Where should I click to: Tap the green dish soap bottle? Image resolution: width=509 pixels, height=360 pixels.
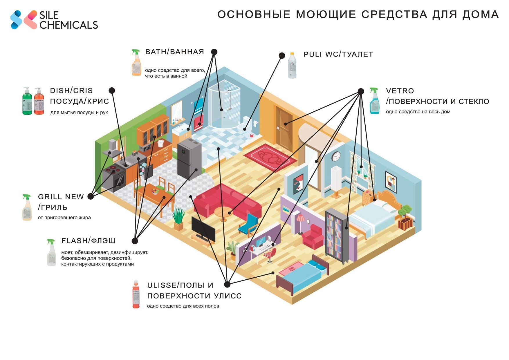(x=27, y=101)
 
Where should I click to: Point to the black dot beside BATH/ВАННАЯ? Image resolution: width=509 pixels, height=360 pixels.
(x=214, y=52)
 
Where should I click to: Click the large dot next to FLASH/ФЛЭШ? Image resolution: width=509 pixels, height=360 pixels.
(x=135, y=241)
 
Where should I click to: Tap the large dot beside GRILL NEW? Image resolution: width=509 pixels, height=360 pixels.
(x=91, y=196)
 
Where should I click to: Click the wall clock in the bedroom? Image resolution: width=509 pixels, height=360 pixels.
(x=336, y=156)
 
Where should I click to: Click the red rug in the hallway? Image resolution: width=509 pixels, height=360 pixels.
(x=270, y=157)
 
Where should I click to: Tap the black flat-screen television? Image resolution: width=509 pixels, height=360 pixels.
(x=203, y=229)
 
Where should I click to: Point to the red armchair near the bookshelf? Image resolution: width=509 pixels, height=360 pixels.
(x=313, y=236)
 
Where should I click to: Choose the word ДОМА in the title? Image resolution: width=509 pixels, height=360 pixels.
(x=481, y=15)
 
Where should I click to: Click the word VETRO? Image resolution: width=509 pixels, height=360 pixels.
(x=400, y=91)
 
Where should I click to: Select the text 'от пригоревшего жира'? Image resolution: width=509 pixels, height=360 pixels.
(x=64, y=218)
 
